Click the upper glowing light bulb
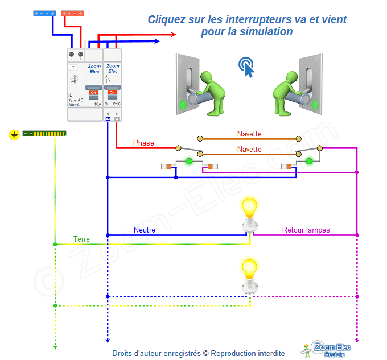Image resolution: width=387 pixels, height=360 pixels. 249,209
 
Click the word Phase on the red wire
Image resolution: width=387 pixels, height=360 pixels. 143,143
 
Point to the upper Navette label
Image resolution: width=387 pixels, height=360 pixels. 249,134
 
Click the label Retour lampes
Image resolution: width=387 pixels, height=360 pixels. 306,230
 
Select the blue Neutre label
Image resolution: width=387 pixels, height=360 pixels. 145,230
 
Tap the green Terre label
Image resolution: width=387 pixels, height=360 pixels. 81,239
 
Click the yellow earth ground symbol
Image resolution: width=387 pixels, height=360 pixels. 14,134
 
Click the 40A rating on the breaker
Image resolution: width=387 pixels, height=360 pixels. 97,105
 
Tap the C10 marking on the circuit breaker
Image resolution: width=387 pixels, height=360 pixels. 116,105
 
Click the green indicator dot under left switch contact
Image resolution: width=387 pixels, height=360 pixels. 188,162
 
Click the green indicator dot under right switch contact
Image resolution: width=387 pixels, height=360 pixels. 309,162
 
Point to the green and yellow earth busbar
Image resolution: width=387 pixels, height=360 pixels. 44,134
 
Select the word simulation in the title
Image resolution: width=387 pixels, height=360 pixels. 265,32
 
